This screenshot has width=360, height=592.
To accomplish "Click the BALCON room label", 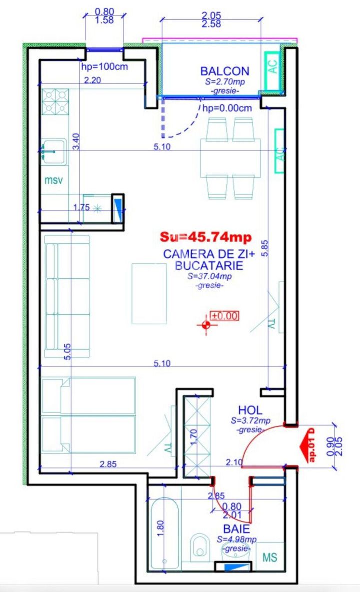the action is coord(225,71).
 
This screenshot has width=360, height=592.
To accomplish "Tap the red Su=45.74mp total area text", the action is coord(206,237).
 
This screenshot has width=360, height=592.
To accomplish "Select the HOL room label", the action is coord(250,410).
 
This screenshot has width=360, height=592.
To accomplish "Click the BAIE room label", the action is coord(236,529).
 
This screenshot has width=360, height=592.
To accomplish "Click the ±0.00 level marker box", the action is coord(224,315).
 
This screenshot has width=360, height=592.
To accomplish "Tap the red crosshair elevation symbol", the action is coord(206,324).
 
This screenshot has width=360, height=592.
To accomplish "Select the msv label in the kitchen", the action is coord(54,180).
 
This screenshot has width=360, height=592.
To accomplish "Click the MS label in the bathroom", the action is coord(270,557).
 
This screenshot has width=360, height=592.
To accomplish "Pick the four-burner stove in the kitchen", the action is coord(55,101).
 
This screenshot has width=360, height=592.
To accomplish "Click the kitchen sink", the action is coord(53,152).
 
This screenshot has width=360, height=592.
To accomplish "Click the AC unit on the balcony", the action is coord(272,68).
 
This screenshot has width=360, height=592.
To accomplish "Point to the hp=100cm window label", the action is coord(105,67).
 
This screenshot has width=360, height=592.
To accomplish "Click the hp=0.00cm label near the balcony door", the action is coord(227,108).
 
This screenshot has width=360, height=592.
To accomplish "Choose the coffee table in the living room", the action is coord(149,293).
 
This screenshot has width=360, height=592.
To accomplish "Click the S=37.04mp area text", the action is coord(210,276).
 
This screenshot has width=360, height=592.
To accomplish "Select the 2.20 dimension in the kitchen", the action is coord(92,80).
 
